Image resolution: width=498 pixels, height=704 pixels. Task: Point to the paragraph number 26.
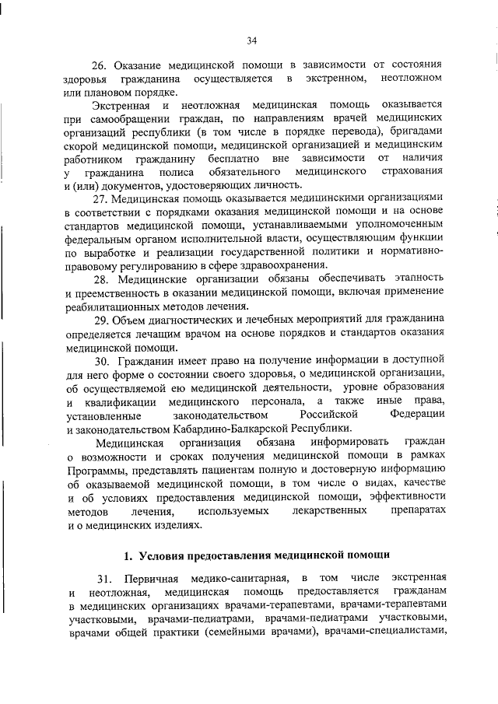click(x=100, y=65)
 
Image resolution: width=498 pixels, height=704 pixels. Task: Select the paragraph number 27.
click(x=100, y=198)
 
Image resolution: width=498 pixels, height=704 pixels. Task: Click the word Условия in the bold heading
click(x=166, y=555)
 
